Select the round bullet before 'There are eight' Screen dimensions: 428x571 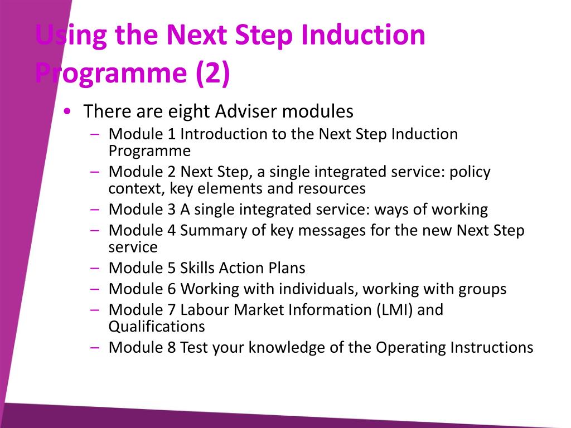click(67, 111)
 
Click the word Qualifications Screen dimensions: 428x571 click(157, 327)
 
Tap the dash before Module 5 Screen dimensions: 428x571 click(95, 268)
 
